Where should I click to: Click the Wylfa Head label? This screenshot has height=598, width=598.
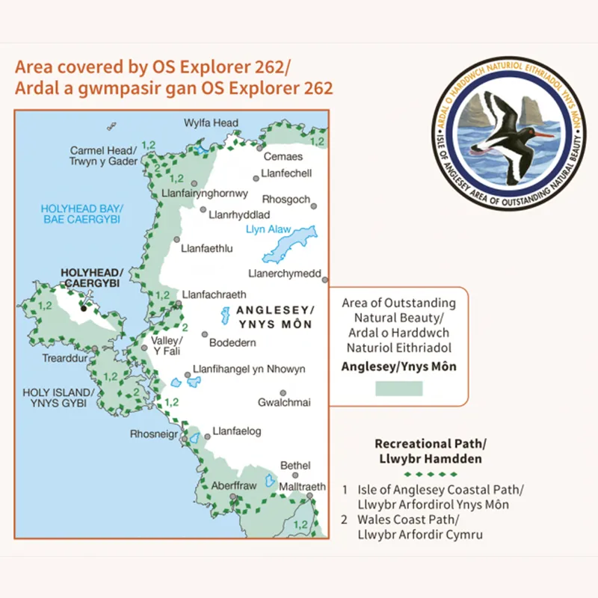[x=211, y=123]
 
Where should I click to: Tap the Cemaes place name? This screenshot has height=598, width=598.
[x=283, y=156]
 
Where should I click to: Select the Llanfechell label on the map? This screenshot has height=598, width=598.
[x=286, y=173]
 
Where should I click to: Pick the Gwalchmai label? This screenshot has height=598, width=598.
[x=284, y=402]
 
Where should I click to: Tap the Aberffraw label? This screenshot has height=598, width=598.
[x=233, y=486]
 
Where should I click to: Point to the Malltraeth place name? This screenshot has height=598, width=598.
[x=302, y=487]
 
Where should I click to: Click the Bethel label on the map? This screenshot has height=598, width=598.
[x=295, y=466]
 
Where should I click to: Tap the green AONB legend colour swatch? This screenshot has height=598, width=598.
[x=398, y=388]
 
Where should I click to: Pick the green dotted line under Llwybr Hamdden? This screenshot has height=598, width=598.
[x=429, y=474]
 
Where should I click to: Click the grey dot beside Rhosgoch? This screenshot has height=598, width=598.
[x=315, y=206]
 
